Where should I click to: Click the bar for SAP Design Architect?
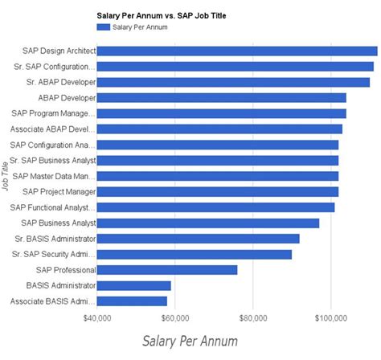(237, 51)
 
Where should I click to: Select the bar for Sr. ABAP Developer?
(233, 82)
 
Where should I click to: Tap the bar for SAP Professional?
(167, 270)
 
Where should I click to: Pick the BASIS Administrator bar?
(134, 285)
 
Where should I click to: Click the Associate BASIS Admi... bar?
(132, 301)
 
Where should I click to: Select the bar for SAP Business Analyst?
(208, 223)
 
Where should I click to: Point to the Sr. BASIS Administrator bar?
(199, 239)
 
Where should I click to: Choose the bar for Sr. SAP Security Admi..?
(195, 254)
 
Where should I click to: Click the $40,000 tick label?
(97, 318)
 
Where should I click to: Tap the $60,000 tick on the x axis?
(175, 318)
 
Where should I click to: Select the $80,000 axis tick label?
(253, 318)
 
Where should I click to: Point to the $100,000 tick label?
(331, 318)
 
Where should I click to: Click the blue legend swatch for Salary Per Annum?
(104, 27)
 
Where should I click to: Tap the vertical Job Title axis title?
(6, 176)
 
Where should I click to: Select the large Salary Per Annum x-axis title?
(190, 342)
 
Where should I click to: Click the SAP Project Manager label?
(59, 192)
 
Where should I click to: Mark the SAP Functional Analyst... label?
(53, 207)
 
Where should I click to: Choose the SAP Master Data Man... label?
(55, 176)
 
